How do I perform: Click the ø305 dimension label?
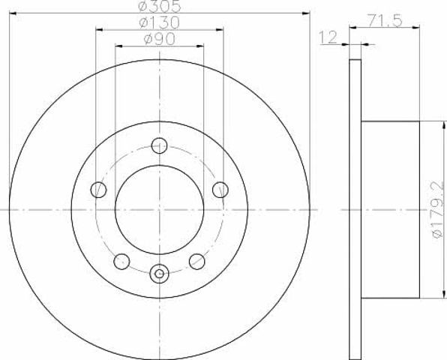pyautogui.click(x=160, y=6)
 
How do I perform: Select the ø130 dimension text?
pyautogui.click(x=159, y=22)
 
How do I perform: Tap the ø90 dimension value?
pyautogui.click(x=159, y=39)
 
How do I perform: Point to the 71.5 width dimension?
pyautogui.click(x=385, y=21)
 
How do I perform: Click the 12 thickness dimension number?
pyautogui.click(x=328, y=37)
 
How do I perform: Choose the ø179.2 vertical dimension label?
pyautogui.click(x=438, y=209)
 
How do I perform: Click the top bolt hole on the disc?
pyautogui.click(x=159, y=145)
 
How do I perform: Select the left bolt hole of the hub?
pyautogui.click(x=98, y=190)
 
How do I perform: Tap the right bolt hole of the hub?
pyautogui.click(x=220, y=190)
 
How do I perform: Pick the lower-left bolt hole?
pyautogui.click(x=121, y=262)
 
